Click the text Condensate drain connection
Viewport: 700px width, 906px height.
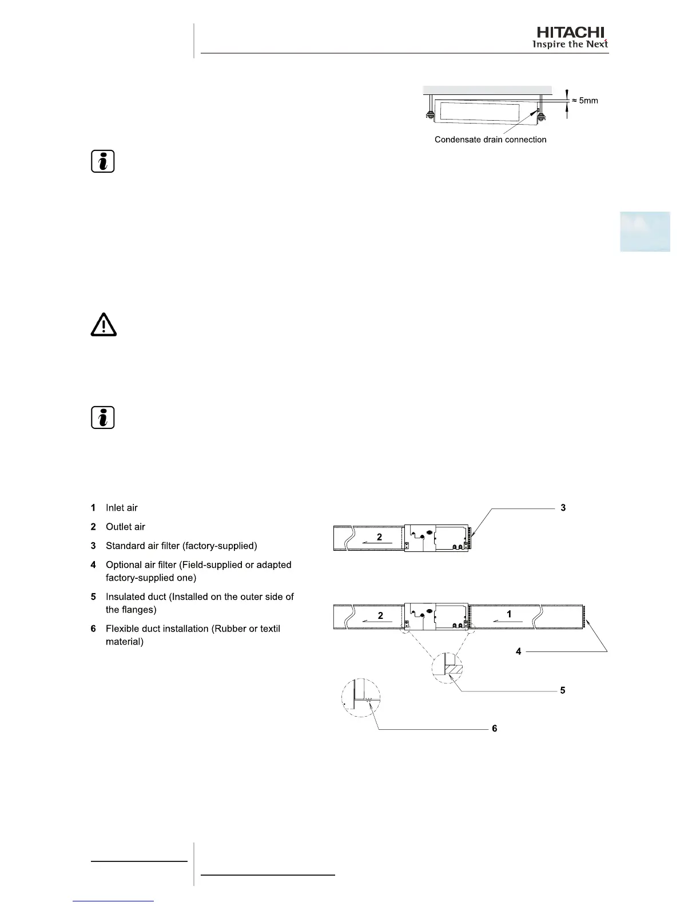click(490, 140)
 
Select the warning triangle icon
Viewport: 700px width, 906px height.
click(104, 325)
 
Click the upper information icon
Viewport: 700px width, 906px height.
click(103, 162)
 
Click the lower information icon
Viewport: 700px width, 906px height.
click(103, 418)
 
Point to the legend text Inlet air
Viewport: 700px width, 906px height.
click(121, 508)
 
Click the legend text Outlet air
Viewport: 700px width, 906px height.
click(125, 527)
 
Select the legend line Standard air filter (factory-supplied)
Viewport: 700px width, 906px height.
click(181, 546)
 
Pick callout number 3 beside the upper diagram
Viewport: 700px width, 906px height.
click(563, 508)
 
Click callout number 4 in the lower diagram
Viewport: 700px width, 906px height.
click(519, 651)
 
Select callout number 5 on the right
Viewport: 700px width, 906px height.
click(563, 690)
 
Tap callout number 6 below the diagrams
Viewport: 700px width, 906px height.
click(495, 729)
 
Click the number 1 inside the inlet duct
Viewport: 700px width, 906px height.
click(509, 614)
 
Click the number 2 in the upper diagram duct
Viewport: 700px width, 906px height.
click(379, 538)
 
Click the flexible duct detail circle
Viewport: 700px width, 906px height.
click(361, 698)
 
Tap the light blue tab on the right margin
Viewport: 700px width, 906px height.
click(645, 232)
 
